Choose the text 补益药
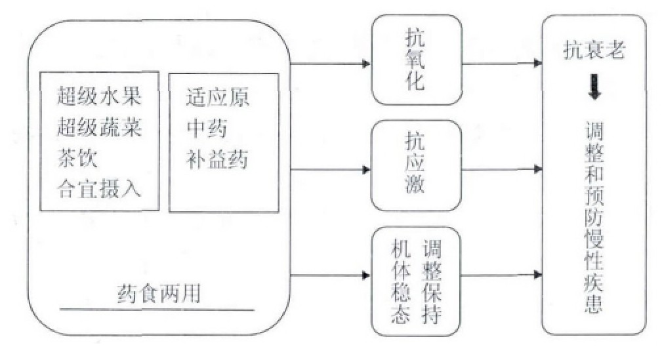pyautogui.click(x=217, y=159)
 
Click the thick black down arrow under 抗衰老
pyautogui.click(x=594, y=88)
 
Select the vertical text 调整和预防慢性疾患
pyautogui.click(x=594, y=216)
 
